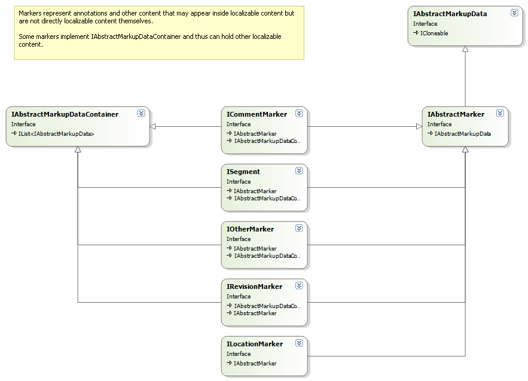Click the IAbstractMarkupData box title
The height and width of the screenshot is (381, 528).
[450, 14]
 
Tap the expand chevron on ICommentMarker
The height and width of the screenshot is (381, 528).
[299, 113]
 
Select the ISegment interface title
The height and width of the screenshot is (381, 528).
[243, 172]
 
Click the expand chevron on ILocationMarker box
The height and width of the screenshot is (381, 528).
[299, 343]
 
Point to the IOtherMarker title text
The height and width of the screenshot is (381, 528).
[250, 229]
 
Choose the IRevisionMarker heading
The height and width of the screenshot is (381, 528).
[254, 286]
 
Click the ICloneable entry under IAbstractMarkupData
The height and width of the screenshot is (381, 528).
[434, 33]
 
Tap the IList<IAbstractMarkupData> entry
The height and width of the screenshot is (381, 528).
[56, 134]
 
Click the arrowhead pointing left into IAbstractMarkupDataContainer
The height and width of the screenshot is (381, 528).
[152, 127]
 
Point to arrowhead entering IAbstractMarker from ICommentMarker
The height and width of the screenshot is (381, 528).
[419, 127]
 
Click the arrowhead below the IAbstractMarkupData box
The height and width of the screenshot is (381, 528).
[465, 49]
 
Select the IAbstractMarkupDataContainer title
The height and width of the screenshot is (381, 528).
[65, 114]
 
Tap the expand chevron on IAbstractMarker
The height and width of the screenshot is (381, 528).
[500, 113]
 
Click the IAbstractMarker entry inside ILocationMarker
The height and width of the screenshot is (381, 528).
[255, 364]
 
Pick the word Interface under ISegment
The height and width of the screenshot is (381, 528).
[239, 182]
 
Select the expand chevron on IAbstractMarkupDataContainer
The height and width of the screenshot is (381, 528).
[142, 113]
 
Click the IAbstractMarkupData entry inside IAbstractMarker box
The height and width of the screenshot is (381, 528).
[462, 134]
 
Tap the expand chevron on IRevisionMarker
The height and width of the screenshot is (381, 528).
[299, 286]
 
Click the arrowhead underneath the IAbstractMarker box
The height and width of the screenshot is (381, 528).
[465, 150]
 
